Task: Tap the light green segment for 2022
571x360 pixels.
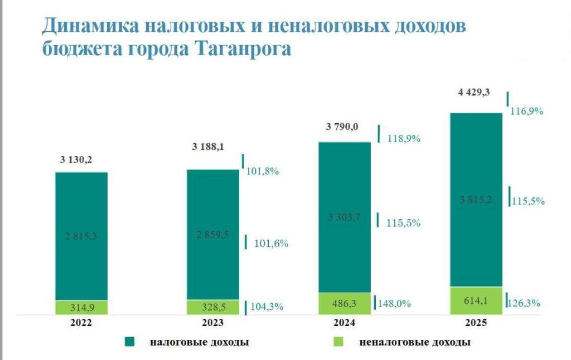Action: (81, 308)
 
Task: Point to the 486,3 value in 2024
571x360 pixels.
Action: (344, 303)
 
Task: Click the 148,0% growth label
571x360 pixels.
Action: (394, 304)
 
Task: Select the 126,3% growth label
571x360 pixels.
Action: (526, 303)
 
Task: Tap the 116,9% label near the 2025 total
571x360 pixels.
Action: (526, 111)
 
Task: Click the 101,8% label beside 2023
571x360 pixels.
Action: (262, 171)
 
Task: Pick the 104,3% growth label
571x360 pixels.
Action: (266, 307)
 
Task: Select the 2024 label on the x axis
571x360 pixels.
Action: (344, 323)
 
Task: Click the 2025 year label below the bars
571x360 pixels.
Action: (476, 323)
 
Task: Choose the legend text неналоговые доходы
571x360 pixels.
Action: (414, 342)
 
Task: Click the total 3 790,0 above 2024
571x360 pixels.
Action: (342, 127)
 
